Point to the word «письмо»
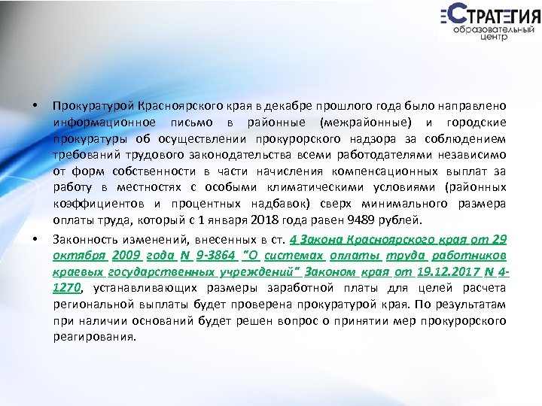190,122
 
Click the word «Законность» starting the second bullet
82,239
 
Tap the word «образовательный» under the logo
495,29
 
